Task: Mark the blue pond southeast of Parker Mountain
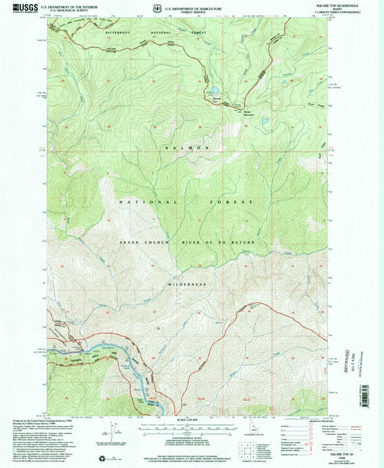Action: pyautogui.click(x=264, y=121)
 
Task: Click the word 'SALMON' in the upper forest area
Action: pyautogui.click(x=188, y=147)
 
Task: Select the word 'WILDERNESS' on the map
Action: pyautogui.click(x=187, y=283)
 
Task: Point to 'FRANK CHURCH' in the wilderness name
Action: pyautogui.click(x=146, y=242)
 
